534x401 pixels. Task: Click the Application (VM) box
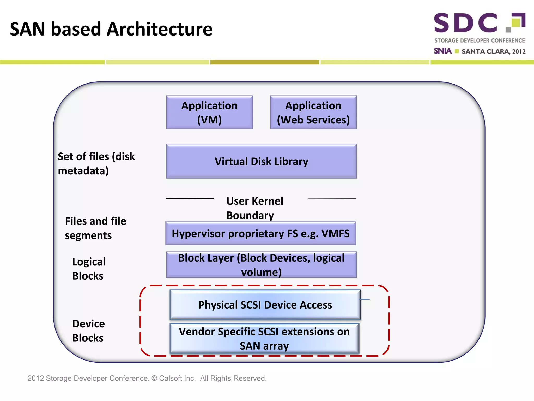(209, 113)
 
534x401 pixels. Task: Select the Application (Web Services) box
(313, 113)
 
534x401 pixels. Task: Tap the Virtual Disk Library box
(261, 161)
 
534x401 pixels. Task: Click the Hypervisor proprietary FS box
(261, 233)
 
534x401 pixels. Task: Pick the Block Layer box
(261, 265)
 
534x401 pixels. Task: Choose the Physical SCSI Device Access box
(265, 305)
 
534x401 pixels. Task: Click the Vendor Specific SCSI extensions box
(264, 339)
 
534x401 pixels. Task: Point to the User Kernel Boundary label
(254, 208)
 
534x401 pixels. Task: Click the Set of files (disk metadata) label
(96, 163)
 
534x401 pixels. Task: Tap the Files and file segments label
(95, 228)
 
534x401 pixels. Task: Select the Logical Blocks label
(89, 269)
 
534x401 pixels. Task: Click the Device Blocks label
(88, 331)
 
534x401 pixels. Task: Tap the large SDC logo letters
(466, 23)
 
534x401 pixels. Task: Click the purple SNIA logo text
(442, 51)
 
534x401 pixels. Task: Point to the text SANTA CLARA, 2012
(493, 51)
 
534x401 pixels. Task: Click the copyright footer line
(147, 378)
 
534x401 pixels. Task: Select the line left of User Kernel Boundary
(190, 198)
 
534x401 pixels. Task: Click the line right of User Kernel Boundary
(332, 199)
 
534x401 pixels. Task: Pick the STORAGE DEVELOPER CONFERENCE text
(480, 40)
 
